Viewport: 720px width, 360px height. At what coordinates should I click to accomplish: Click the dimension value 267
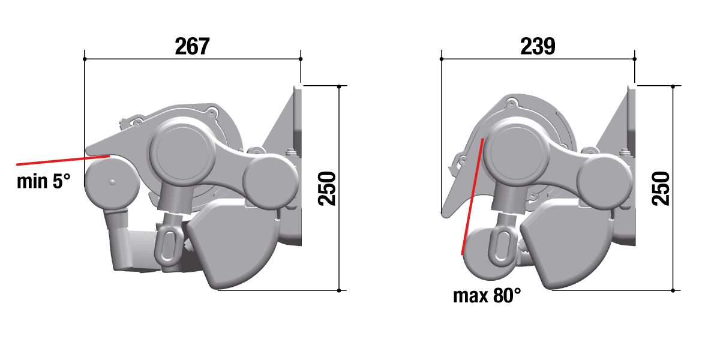pyautogui.click(x=192, y=46)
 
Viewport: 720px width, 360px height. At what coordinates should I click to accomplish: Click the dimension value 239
pyautogui.click(x=538, y=46)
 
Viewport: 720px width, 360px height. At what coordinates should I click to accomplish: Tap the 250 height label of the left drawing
pyautogui.click(x=326, y=188)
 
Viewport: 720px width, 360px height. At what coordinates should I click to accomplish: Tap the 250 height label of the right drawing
pyautogui.click(x=661, y=188)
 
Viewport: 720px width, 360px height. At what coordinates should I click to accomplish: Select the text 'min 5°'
pyautogui.click(x=43, y=181)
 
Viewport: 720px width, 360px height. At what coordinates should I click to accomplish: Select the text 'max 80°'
pyautogui.click(x=487, y=296)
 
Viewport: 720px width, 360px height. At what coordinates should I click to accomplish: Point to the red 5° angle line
pyautogui.click(x=64, y=160)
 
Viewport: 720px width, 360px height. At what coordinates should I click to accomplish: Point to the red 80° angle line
pyautogui.click(x=472, y=196)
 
